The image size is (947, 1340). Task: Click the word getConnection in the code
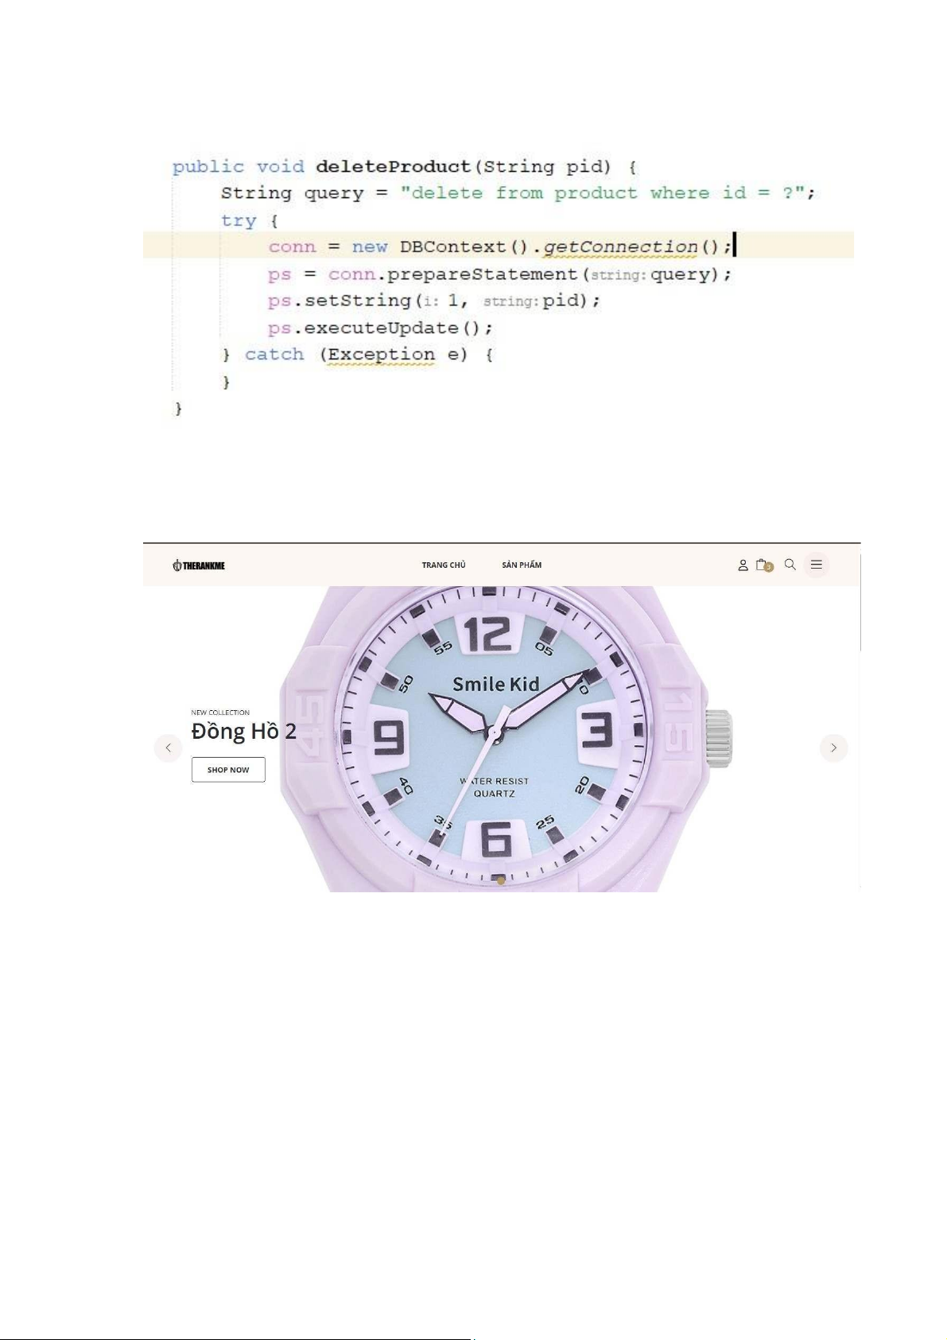point(620,247)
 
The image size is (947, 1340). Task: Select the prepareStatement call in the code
point(483,274)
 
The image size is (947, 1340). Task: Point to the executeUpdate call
point(381,328)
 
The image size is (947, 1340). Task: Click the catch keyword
point(274,355)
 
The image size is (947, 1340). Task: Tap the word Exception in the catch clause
point(381,355)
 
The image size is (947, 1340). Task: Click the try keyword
point(239,220)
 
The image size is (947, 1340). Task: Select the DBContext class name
point(452,247)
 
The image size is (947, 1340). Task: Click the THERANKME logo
point(199,565)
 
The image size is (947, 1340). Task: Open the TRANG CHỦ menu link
point(444,565)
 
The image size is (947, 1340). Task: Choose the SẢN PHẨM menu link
point(522,565)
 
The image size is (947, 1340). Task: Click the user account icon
point(743,565)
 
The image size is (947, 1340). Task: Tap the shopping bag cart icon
point(763,565)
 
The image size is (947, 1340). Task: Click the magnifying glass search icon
point(790,565)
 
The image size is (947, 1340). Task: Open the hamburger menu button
point(816,565)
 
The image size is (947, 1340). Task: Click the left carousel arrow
point(168,748)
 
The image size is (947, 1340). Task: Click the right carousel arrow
point(833,748)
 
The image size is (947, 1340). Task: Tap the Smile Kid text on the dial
point(495,684)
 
